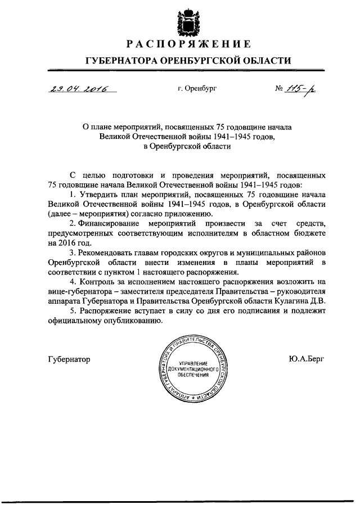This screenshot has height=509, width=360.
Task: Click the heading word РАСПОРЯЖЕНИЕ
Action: pyautogui.click(x=188, y=44)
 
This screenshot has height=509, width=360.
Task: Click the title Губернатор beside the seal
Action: pyautogui.click(x=69, y=359)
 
